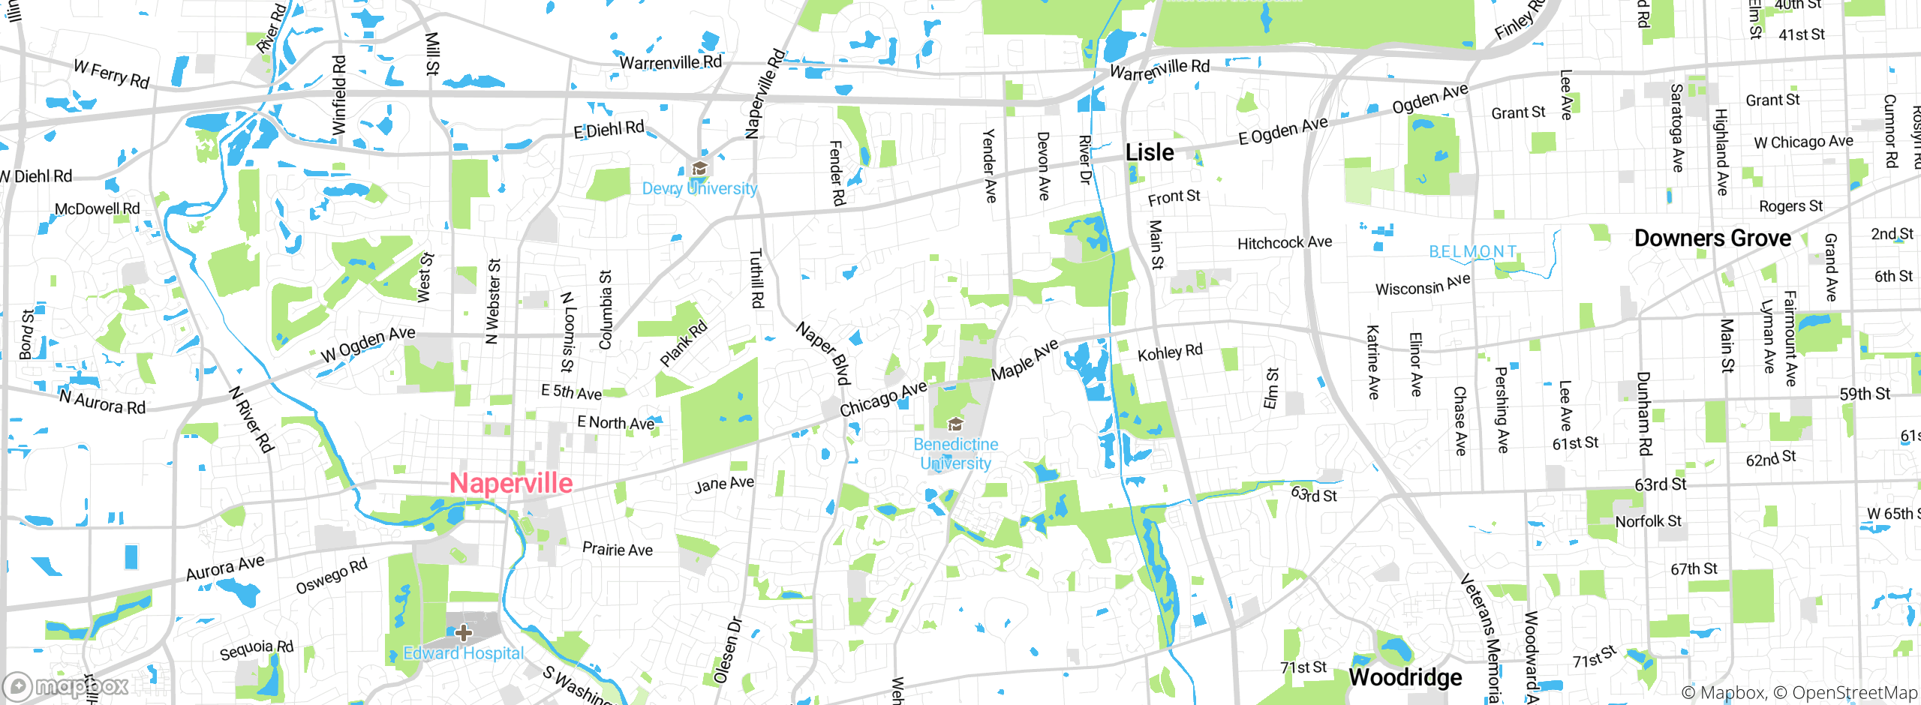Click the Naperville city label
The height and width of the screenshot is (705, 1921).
coord(511,483)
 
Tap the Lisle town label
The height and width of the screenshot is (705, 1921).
coord(1150,152)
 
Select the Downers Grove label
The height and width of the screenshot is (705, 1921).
coord(1712,238)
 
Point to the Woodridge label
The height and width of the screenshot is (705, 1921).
coord(1405,677)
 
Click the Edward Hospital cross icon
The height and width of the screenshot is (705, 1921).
coord(464,632)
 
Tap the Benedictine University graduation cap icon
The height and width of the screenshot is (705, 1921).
coord(954,424)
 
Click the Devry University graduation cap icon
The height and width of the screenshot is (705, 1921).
coord(699,168)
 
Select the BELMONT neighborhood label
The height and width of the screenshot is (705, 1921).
coord(1472,251)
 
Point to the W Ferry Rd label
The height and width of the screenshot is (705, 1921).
coord(112,73)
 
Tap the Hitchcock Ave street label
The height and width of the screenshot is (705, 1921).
coord(1284,243)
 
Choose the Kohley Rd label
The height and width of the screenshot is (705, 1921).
coord(1170,352)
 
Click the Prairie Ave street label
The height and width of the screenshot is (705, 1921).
coord(617,549)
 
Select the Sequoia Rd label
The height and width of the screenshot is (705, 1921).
coord(256,649)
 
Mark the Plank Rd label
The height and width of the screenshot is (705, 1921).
coord(683,343)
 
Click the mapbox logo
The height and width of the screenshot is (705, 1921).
coord(66,686)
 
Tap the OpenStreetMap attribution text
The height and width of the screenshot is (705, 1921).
coord(1853,693)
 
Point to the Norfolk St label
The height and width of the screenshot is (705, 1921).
coord(1648,521)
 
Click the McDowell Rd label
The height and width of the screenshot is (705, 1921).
coord(97,208)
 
